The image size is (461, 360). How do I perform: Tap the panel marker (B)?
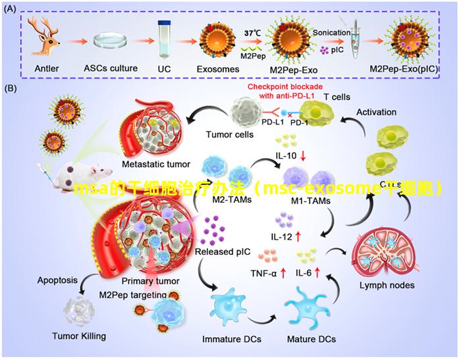13,88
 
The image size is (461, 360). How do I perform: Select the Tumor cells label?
230,134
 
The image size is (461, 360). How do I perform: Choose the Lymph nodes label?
387,286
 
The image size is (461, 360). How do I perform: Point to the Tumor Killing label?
79,336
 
